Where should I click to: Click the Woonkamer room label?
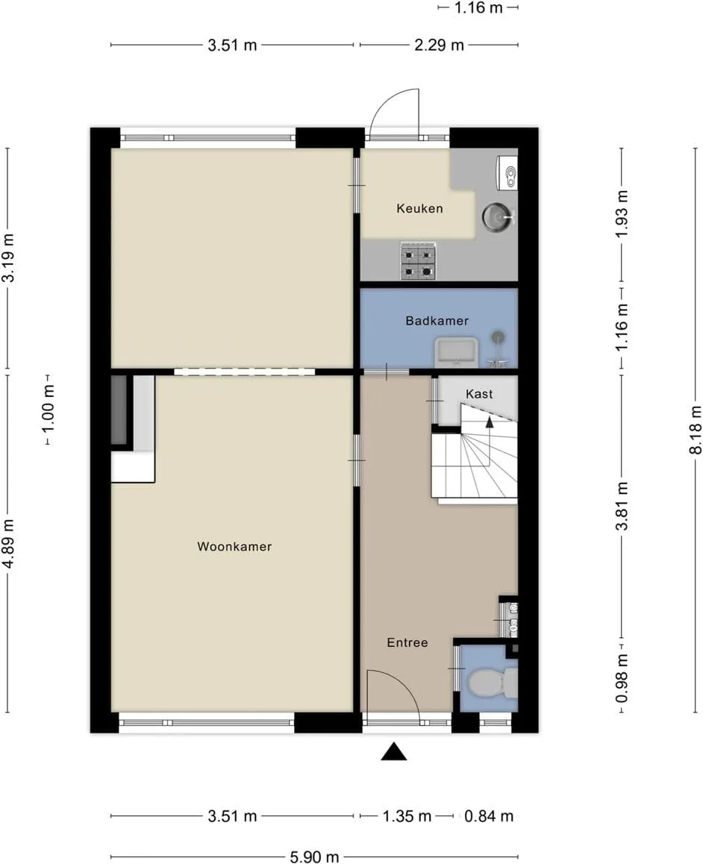[x=234, y=547]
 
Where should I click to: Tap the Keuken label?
[x=419, y=208]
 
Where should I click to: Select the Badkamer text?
[x=437, y=321]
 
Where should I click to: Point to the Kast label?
[x=479, y=394]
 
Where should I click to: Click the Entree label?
[x=407, y=642]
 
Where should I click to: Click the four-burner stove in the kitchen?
[x=418, y=261]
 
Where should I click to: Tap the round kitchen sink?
[x=498, y=217]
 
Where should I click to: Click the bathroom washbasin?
[x=456, y=351]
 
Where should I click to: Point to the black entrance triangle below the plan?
[x=394, y=752]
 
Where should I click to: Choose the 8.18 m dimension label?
[x=696, y=430]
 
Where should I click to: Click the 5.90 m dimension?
[x=314, y=857]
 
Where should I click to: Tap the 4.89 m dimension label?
[x=8, y=543]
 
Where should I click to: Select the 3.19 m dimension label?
[x=8, y=258]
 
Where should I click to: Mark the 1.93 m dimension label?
[x=622, y=214]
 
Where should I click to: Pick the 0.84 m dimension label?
[x=489, y=816]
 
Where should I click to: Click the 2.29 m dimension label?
[x=439, y=45]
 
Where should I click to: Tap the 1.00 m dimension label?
[x=49, y=409]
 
